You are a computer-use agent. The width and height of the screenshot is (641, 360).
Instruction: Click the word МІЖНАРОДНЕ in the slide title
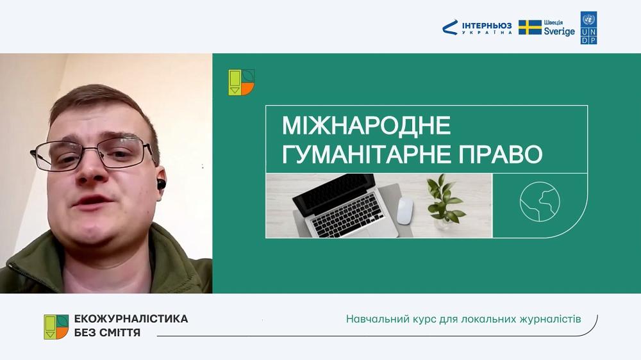click(366, 126)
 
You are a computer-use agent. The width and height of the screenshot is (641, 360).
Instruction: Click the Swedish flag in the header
click(530, 28)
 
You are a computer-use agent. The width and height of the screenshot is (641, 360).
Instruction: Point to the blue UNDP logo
click(588, 28)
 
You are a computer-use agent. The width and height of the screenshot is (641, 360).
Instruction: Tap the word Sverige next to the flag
click(559, 31)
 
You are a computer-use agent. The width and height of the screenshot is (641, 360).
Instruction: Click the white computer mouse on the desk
click(404, 210)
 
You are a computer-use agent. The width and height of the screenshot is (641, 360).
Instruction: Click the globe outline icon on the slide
click(540, 202)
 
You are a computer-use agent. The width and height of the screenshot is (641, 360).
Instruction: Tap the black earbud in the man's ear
click(161, 183)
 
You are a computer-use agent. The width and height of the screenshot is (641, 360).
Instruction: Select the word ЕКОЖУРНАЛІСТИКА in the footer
click(131, 318)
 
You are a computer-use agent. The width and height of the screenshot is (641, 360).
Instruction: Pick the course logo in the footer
click(56, 327)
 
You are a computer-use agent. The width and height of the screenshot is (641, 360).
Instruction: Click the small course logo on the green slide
click(242, 82)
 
